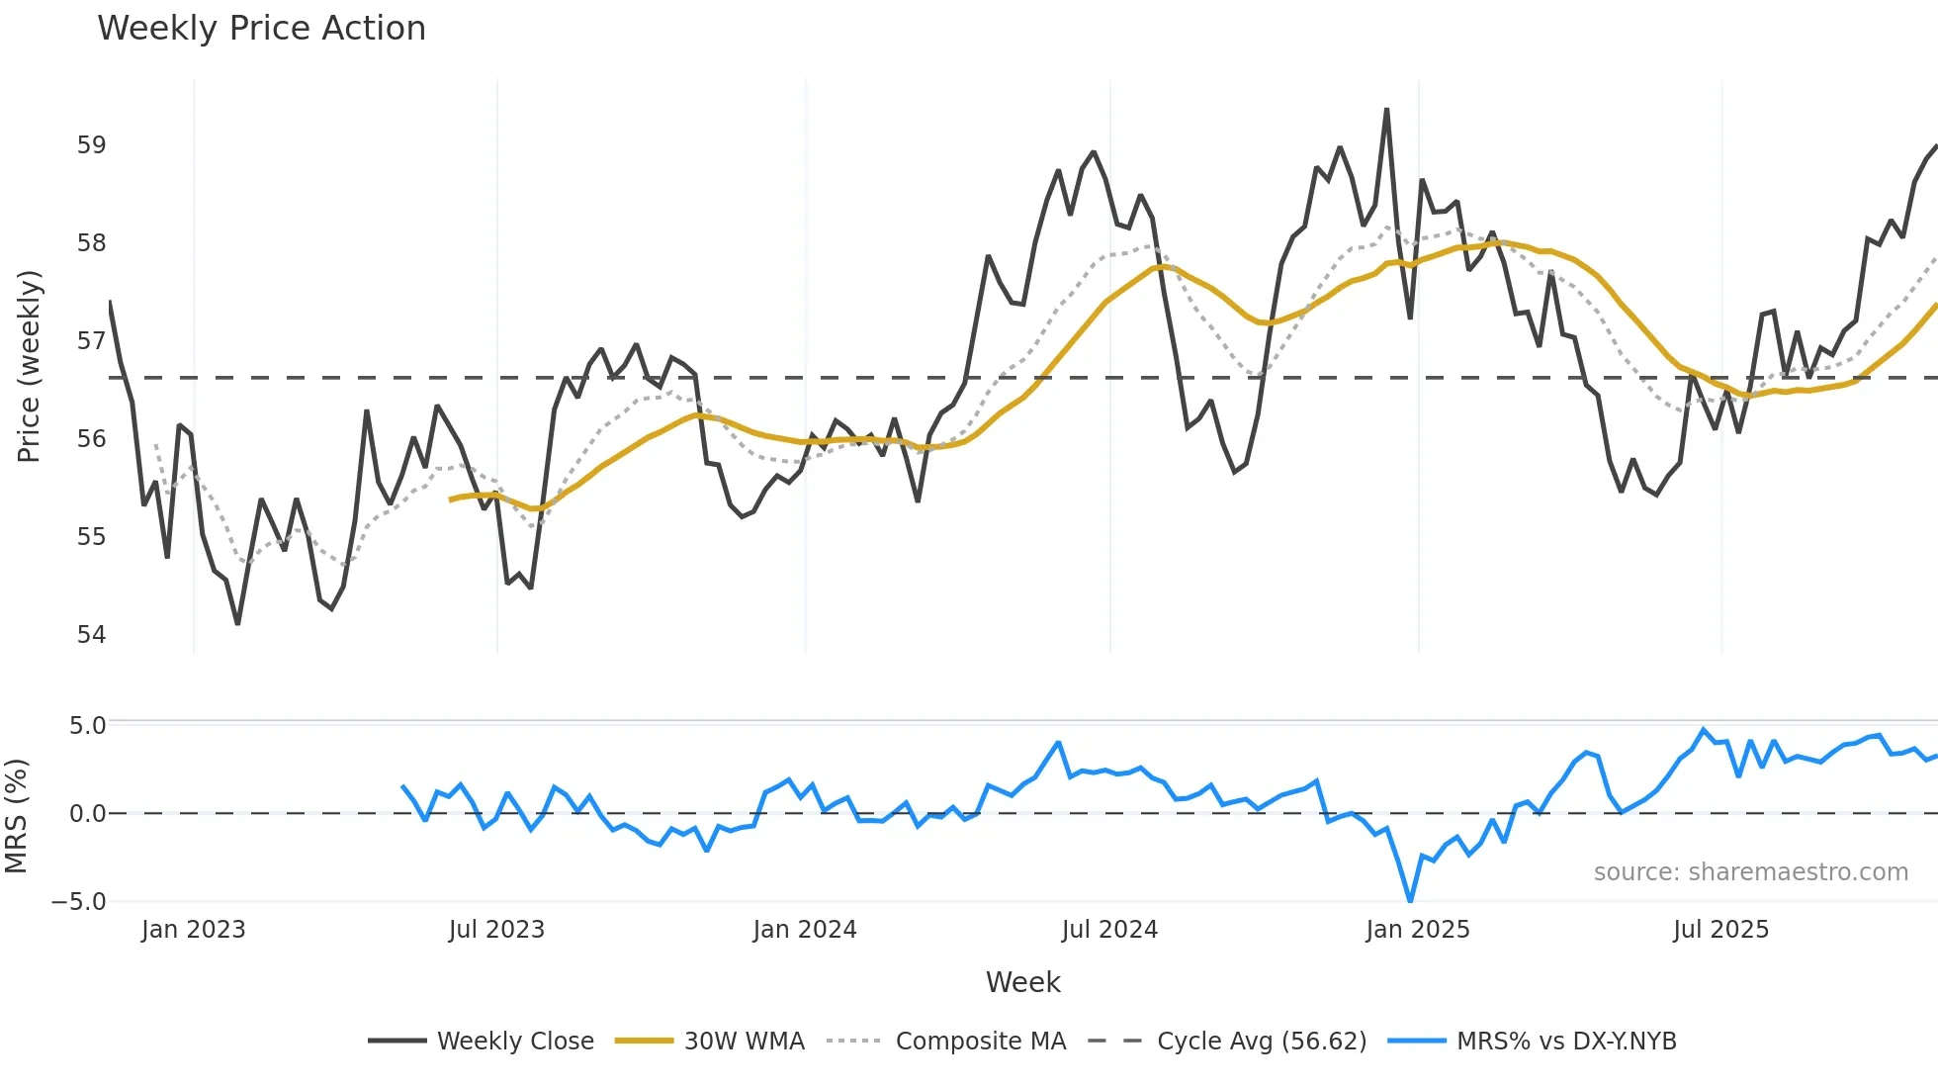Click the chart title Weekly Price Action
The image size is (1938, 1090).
(261, 29)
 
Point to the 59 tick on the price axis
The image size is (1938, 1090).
(91, 145)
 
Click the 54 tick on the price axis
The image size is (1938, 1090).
(91, 634)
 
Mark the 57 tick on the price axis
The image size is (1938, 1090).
(91, 341)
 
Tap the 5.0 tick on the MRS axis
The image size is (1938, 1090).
(87, 726)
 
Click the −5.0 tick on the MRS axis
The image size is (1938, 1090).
(79, 902)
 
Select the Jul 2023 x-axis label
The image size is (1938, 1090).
(496, 930)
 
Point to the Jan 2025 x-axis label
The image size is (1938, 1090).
(1417, 930)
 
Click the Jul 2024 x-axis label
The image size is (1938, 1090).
(1109, 930)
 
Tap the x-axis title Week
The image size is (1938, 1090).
(1022, 982)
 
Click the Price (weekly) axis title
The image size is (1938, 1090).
(30, 366)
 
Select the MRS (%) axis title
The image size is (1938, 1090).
(16, 816)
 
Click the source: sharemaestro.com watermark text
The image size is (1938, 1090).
(1750, 872)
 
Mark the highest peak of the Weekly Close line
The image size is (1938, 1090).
(1386, 110)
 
